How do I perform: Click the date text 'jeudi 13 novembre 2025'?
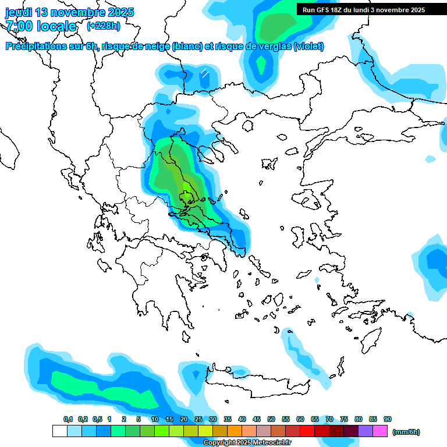click(70, 12)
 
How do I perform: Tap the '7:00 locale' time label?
click(41, 26)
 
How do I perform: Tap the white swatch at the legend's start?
click(59, 431)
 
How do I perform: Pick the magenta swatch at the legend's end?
click(380, 431)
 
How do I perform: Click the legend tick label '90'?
click(388, 419)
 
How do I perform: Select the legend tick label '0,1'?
click(68, 419)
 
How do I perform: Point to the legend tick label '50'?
click(271, 419)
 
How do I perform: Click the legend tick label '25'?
click(198, 419)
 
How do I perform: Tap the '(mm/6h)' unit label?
click(406, 432)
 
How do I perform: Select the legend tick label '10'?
click(155, 419)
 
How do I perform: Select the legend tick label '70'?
click(329, 419)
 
